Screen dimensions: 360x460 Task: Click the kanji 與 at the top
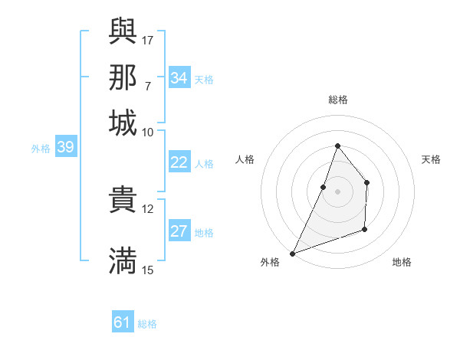[x=123, y=30]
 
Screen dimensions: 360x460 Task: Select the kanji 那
[x=123, y=77]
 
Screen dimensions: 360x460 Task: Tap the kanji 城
[x=123, y=123]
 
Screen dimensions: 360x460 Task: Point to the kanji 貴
[x=123, y=199]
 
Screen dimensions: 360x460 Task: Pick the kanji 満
[x=123, y=260]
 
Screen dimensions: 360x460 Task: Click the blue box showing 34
[x=179, y=78]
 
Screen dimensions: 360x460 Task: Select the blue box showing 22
[x=179, y=162]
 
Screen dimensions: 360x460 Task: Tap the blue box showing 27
[x=179, y=232]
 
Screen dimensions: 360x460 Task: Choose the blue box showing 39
[x=65, y=148]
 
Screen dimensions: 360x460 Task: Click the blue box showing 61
[x=123, y=323]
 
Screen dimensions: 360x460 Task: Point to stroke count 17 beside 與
[x=148, y=39]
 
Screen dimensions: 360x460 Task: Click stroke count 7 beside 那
[x=147, y=85]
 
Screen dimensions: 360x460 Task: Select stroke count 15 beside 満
[x=148, y=270]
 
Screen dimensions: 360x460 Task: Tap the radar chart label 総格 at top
[x=337, y=100]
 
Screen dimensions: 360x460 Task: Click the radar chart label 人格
[x=245, y=159]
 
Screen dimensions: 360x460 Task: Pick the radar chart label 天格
[x=431, y=159]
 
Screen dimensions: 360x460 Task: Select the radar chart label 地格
[x=402, y=262]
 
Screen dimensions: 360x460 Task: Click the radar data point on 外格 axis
[x=292, y=254]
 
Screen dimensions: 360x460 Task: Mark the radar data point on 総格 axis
[x=337, y=146]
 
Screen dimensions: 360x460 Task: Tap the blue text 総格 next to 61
[x=147, y=324]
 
